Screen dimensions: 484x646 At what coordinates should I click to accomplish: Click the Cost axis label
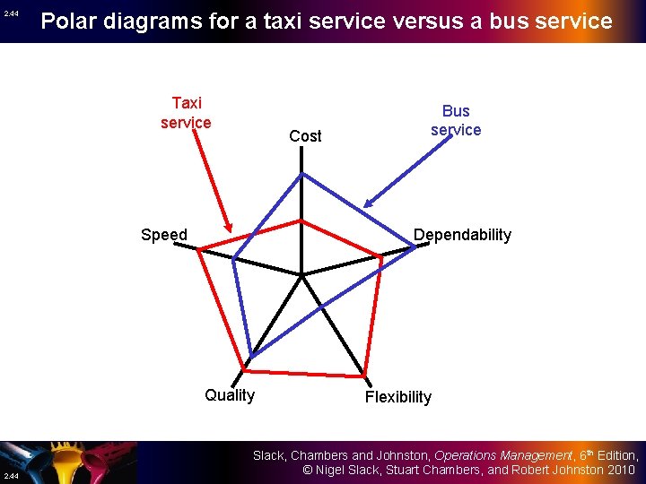[305, 136]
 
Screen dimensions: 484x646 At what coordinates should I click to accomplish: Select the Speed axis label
[164, 236]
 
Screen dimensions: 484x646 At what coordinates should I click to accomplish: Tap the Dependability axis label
[462, 235]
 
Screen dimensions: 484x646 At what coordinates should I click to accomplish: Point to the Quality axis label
[230, 395]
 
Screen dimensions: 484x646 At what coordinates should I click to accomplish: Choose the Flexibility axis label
[398, 397]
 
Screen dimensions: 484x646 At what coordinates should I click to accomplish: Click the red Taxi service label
[186, 113]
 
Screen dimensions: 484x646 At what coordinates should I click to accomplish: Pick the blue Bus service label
[456, 120]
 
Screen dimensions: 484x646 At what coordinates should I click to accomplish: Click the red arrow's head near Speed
[231, 230]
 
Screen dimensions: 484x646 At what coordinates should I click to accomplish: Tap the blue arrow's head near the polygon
[367, 205]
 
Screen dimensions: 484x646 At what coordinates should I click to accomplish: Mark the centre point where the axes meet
[302, 274]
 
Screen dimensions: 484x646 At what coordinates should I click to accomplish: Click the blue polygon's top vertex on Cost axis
[301, 174]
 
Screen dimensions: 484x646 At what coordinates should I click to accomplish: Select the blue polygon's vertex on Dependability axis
[415, 247]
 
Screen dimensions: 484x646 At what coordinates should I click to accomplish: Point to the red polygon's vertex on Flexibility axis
[364, 375]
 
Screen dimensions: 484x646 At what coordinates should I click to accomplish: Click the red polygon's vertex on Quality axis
[242, 368]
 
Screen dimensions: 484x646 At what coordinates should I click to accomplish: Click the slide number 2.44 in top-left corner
[10, 13]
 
